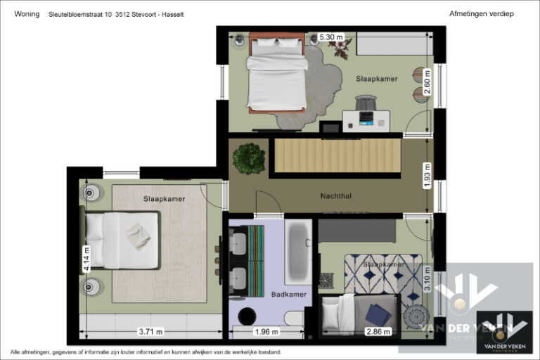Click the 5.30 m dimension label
[331, 37]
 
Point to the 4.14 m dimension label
[86, 259]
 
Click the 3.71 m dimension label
[150, 331]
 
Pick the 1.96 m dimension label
[266, 331]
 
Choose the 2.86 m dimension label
[378, 331]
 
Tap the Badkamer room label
[289, 294]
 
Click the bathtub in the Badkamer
[298, 251]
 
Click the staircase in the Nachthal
[336, 155]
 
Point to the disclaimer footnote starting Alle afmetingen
[146, 352]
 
